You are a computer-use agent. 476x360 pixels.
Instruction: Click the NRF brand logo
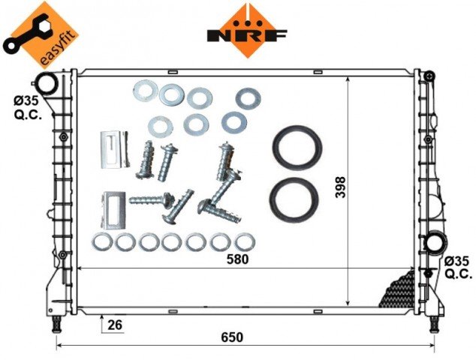click(247, 31)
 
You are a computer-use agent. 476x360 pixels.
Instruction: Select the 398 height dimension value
click(341, 187)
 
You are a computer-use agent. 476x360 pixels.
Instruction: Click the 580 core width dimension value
click(238, 259)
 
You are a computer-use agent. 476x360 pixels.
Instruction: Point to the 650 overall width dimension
click(232, 337)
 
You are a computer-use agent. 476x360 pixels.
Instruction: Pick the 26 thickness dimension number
click(115, 325)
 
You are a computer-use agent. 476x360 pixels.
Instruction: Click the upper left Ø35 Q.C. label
click(28, 108)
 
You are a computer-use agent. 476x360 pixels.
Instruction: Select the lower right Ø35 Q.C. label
click(459, 267)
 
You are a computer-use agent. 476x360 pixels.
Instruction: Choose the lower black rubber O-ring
click(294, 200)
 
